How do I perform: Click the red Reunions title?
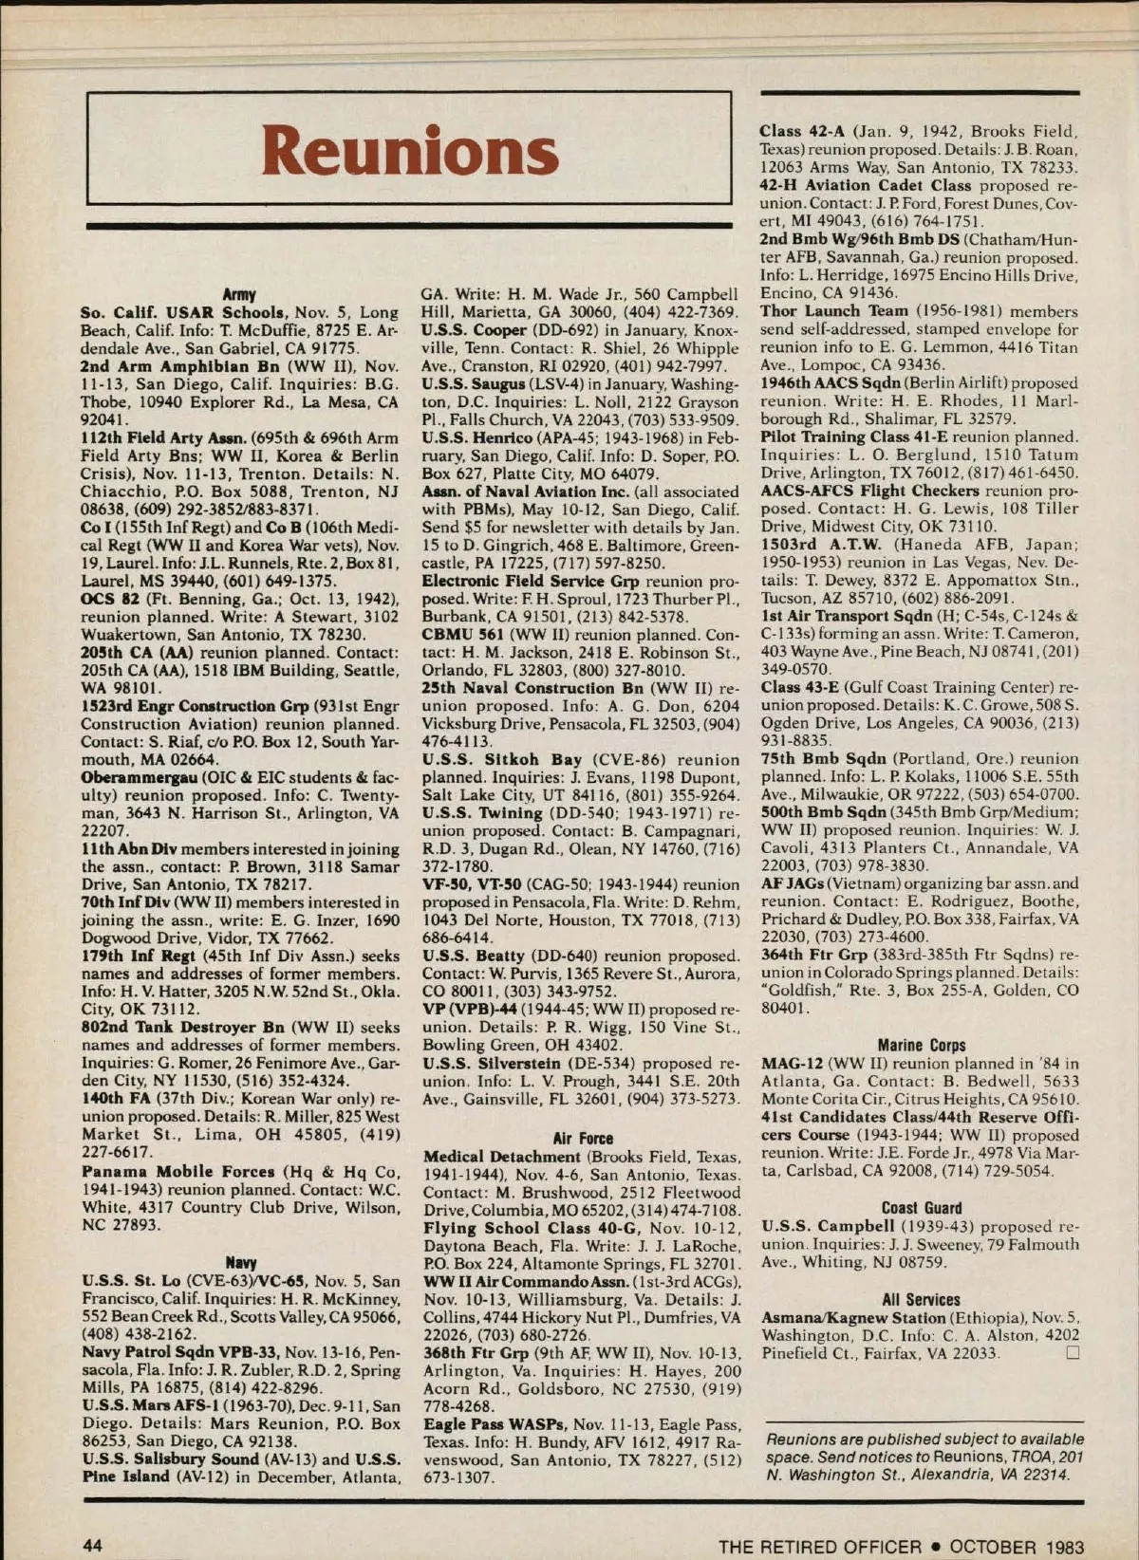pyautogui.click(x=409, y=151)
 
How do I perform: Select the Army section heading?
pyautogui.click(x=239, y=294)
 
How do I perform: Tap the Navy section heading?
pyautogui.click(x=239, y=1263)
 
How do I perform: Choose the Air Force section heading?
pyautogui.click(x=583, y=1138)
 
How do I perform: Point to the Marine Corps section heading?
pyautogui.click(x=921, y=1046)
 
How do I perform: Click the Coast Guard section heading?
pyautogui.click(x=921, y=1208)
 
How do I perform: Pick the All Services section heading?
pyautogui.click(x=921, y=1299)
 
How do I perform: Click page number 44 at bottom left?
pyautogui.click(x=93, y=1546)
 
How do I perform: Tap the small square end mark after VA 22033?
pyautogui.click(x=1073, y=1353)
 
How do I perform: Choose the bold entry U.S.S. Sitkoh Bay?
pyautogui.click(x=502, y=760)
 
